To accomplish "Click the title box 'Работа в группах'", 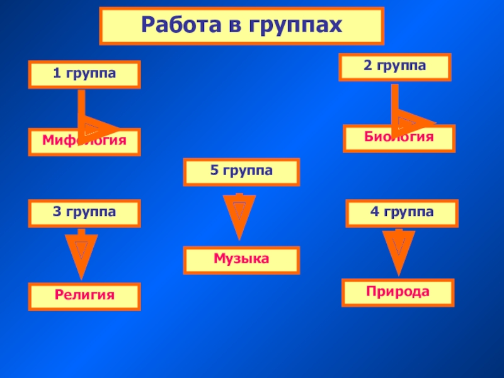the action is tap(241, 26).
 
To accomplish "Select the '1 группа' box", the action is tap(84, 74).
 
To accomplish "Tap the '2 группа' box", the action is tap(395, 67).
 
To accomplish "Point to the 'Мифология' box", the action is tap(84, 142).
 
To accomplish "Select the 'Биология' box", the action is tap(399, 138).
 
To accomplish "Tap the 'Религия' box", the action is tap(84, 296).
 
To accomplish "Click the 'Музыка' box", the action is tap(241, 260).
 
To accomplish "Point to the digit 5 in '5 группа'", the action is tap(214, 171).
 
